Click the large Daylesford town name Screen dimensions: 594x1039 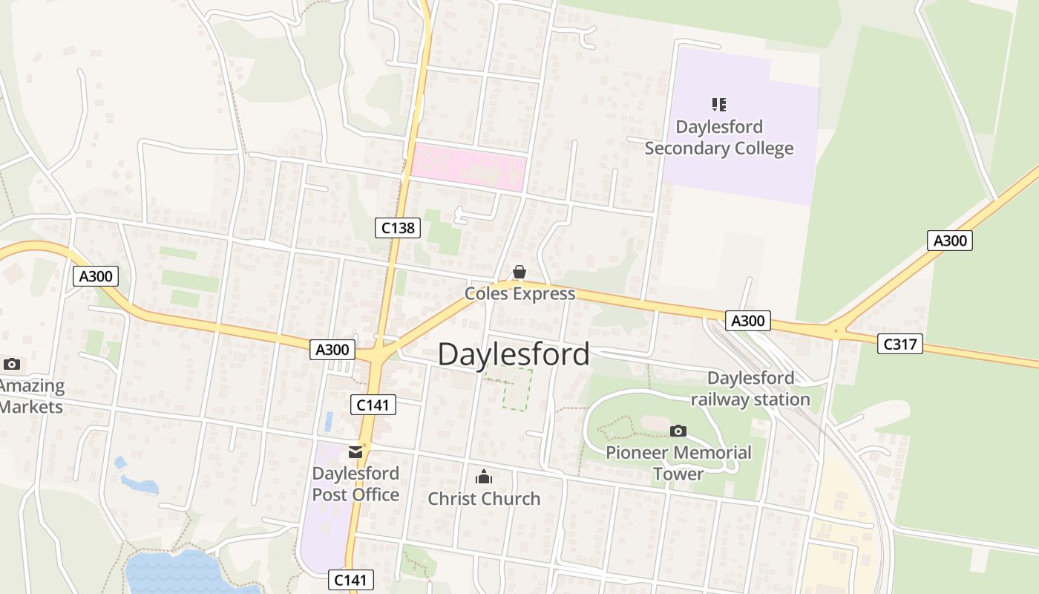tap(514, 354)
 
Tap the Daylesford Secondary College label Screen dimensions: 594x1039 tap(718, 137)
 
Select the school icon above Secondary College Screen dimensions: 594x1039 tap(718, 104)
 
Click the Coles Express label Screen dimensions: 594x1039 tap(519, 294)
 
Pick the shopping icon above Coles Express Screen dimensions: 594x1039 tap(519, 272)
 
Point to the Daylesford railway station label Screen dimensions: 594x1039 tap(750, 389)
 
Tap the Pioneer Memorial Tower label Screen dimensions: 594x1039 tap(678, 463)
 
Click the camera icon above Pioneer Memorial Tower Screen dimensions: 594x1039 tap(678, 431)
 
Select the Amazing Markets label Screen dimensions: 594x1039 tap(31, 396)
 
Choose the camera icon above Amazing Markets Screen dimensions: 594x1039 tap(11, 364)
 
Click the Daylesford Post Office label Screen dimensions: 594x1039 tap(355, 484)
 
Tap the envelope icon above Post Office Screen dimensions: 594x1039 tap(355, 451)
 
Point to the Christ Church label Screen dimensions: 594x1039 tap(484, 498)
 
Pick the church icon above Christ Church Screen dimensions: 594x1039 tap(484, 476)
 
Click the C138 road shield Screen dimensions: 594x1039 tap(398, 228)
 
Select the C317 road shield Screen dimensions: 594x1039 tap(899, 344)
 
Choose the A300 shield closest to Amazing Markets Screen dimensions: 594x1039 tap(96, 277)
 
